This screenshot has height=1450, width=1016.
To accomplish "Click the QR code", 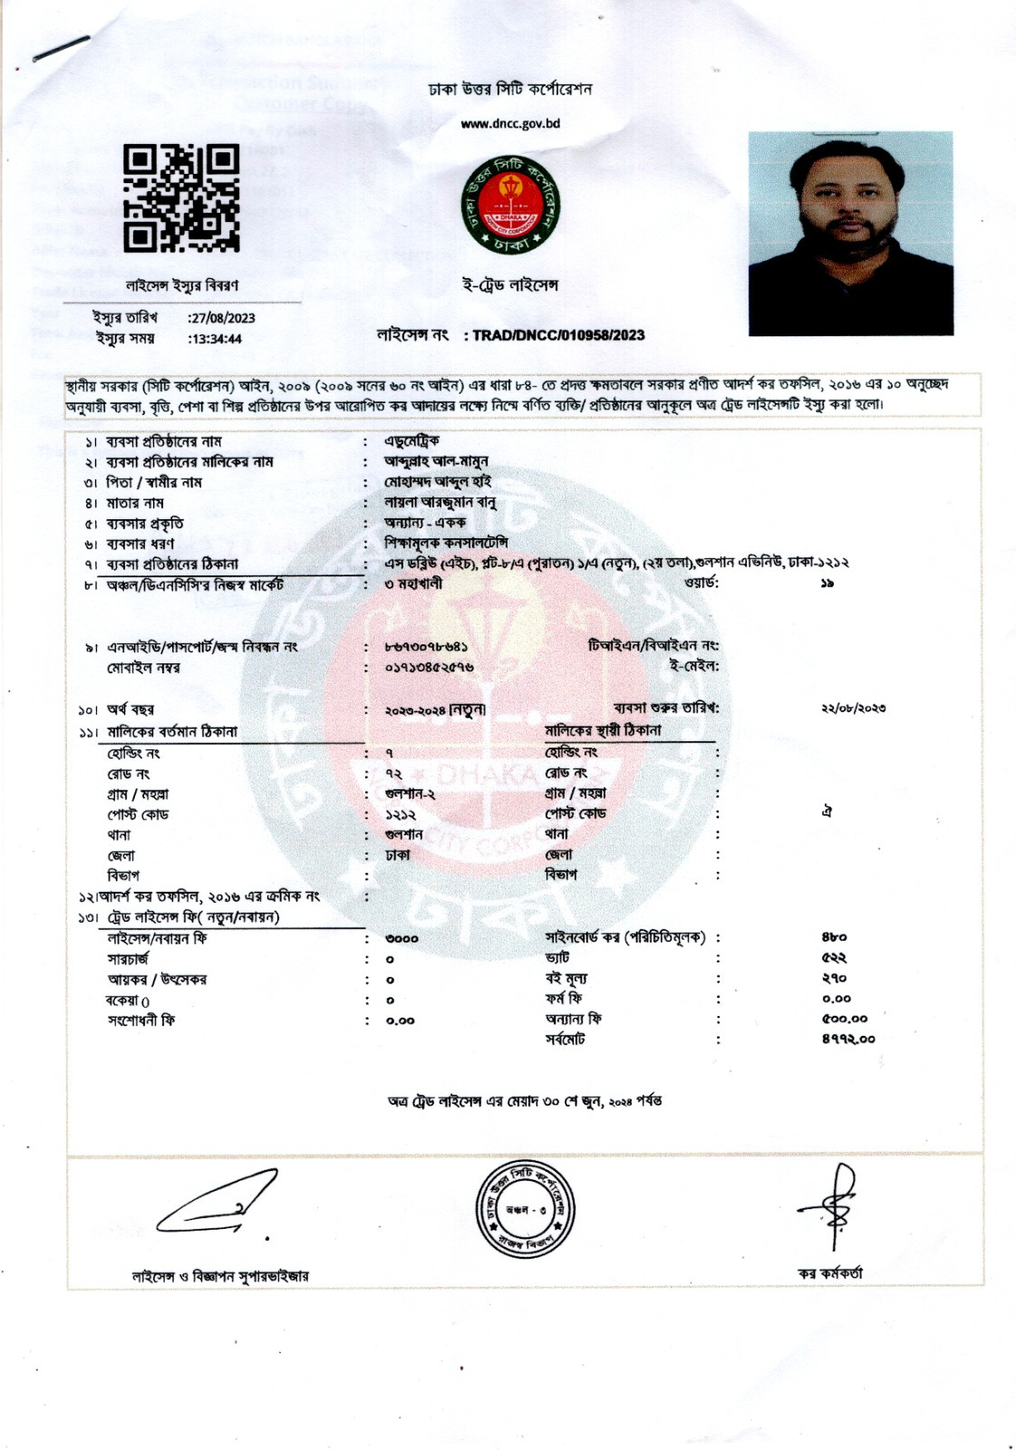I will pos(181,198).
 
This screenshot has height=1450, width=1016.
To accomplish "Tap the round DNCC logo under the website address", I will pos(508,205).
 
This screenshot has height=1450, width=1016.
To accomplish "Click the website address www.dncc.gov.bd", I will pos(510,123).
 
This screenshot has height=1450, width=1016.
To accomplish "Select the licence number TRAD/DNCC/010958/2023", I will pos(558,335).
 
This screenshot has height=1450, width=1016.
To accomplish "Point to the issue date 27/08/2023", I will pos(221,318).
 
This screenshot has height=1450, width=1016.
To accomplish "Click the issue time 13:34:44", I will pos(215,339).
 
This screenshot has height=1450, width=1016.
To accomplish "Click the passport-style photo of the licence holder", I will pos(850,233).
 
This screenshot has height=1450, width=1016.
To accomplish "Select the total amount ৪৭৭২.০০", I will pos(848,1039).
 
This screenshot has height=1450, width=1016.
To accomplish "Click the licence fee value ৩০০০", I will pos(402,938).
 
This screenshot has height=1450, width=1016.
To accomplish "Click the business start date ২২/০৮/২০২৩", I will pos(853,708).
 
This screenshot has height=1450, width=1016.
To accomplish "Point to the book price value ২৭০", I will pos(834,978).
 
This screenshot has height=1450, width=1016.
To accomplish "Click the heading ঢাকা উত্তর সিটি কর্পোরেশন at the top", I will pos(510,89).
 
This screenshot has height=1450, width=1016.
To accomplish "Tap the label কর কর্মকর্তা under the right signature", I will pos(830,1273).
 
